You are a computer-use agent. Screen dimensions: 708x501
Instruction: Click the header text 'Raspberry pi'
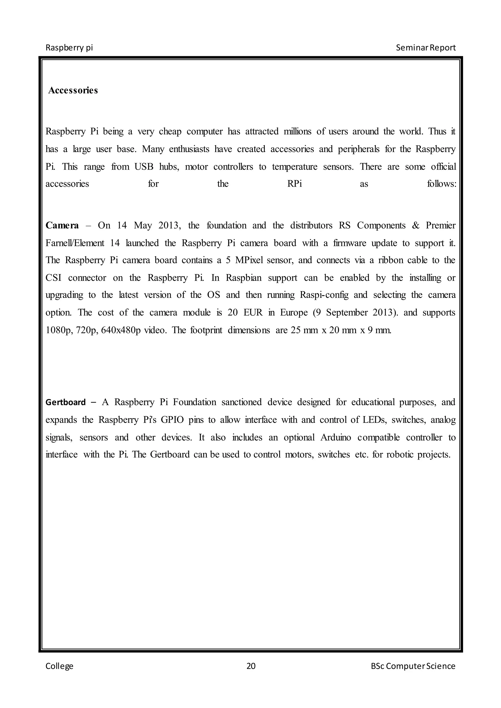69,47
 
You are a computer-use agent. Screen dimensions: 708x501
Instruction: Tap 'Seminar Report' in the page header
425,47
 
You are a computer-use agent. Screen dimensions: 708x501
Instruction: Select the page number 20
251,666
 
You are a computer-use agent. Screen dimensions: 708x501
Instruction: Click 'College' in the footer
59,666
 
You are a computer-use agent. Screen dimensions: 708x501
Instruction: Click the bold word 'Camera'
62,225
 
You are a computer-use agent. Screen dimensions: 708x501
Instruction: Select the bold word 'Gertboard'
65,402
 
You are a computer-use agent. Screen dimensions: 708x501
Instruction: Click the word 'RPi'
294,184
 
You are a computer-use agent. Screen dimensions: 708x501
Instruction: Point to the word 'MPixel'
249,260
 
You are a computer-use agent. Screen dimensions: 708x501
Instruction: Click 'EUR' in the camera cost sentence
253,313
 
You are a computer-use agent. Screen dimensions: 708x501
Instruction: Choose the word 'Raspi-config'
324,295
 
